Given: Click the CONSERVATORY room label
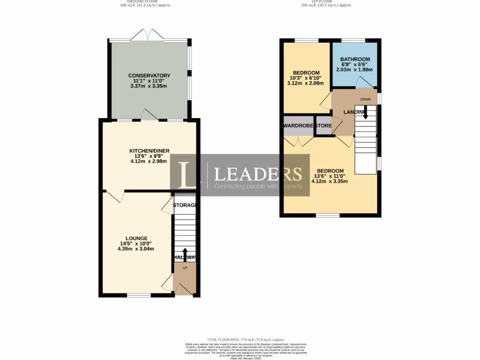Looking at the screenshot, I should pyautogui.click(x=149, y=75).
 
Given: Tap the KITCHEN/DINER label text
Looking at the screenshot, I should pyautogui.click(x=149, y=150).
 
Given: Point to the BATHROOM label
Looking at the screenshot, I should pyautogui.click(x=355, y=60).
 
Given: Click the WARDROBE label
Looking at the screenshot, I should pyautogui.click(x=299, y=126).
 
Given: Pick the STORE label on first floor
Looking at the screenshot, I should pyautogui.click(x=323, y=126).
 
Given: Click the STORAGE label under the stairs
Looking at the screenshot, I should pyautogui.click(x=184, y=205).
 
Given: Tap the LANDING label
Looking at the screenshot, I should pyautogui.click(x=354, y=112).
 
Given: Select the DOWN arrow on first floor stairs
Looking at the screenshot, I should pyautogui.click(x=366, y=112).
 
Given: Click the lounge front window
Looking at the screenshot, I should pyautogui.click(x=139, y=295).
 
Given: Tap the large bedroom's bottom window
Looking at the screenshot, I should pyautogui.click(x=328, y=216).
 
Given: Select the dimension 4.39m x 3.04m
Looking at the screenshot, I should pyautogui.click(x=136, y=249).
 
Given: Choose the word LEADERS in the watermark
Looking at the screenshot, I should pyautogui.click(x=258, y=174).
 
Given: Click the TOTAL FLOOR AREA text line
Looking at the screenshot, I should pyautogui.click(x=246, y=339).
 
